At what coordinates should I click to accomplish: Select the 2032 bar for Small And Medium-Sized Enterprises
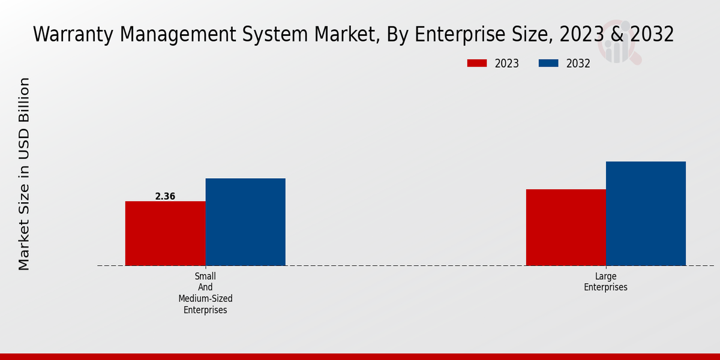click(x=245, y=221)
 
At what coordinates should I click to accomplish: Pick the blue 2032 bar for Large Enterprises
click(x=646, y=213)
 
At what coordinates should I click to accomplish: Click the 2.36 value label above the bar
click(x=165, y=196)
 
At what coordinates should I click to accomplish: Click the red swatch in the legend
click(x=477, y=63)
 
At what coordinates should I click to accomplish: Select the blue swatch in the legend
click(x=548, y=63)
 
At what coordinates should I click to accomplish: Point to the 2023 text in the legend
click(x=507, y=64)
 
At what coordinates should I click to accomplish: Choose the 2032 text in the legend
click(x=578, y=64)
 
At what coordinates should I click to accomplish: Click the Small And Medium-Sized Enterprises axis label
click(x=205, y=293)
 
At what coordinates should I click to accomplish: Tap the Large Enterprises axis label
click(x=606, y=281)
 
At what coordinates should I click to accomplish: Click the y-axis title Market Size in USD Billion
click(x=24, y=174)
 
